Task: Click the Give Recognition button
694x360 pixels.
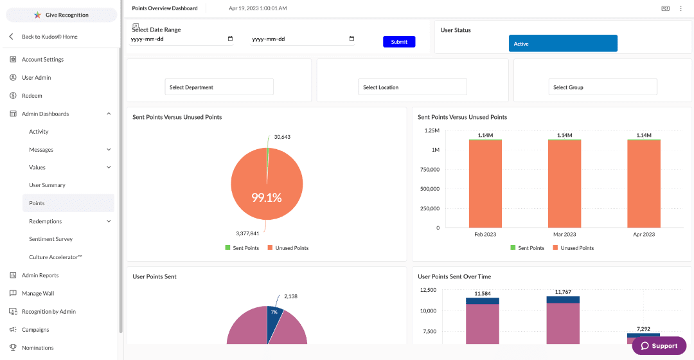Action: tap(62, 15)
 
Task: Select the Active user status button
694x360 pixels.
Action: tap(563, 44)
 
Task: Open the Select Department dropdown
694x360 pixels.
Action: tap(219, 87)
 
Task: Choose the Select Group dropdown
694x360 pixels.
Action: tap(603, 87)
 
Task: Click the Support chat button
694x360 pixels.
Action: tap(659, 346)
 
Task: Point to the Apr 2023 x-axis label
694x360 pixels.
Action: tap(644, 235)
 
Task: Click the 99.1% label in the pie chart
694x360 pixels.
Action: tap(266, 198)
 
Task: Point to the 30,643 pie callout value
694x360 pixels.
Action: tap(282, 137)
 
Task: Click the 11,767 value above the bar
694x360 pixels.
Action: tap(562, 292)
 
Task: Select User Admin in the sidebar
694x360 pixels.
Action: tap(36, 78)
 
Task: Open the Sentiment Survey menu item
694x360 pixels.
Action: tap(51, 239)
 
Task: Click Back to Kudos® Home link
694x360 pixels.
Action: tap(49, 37)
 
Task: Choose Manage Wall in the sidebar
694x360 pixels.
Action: tap(38, 293)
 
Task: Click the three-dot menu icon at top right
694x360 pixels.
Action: tap(681, 8)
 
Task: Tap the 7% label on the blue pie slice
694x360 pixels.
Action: tap(274, 312)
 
